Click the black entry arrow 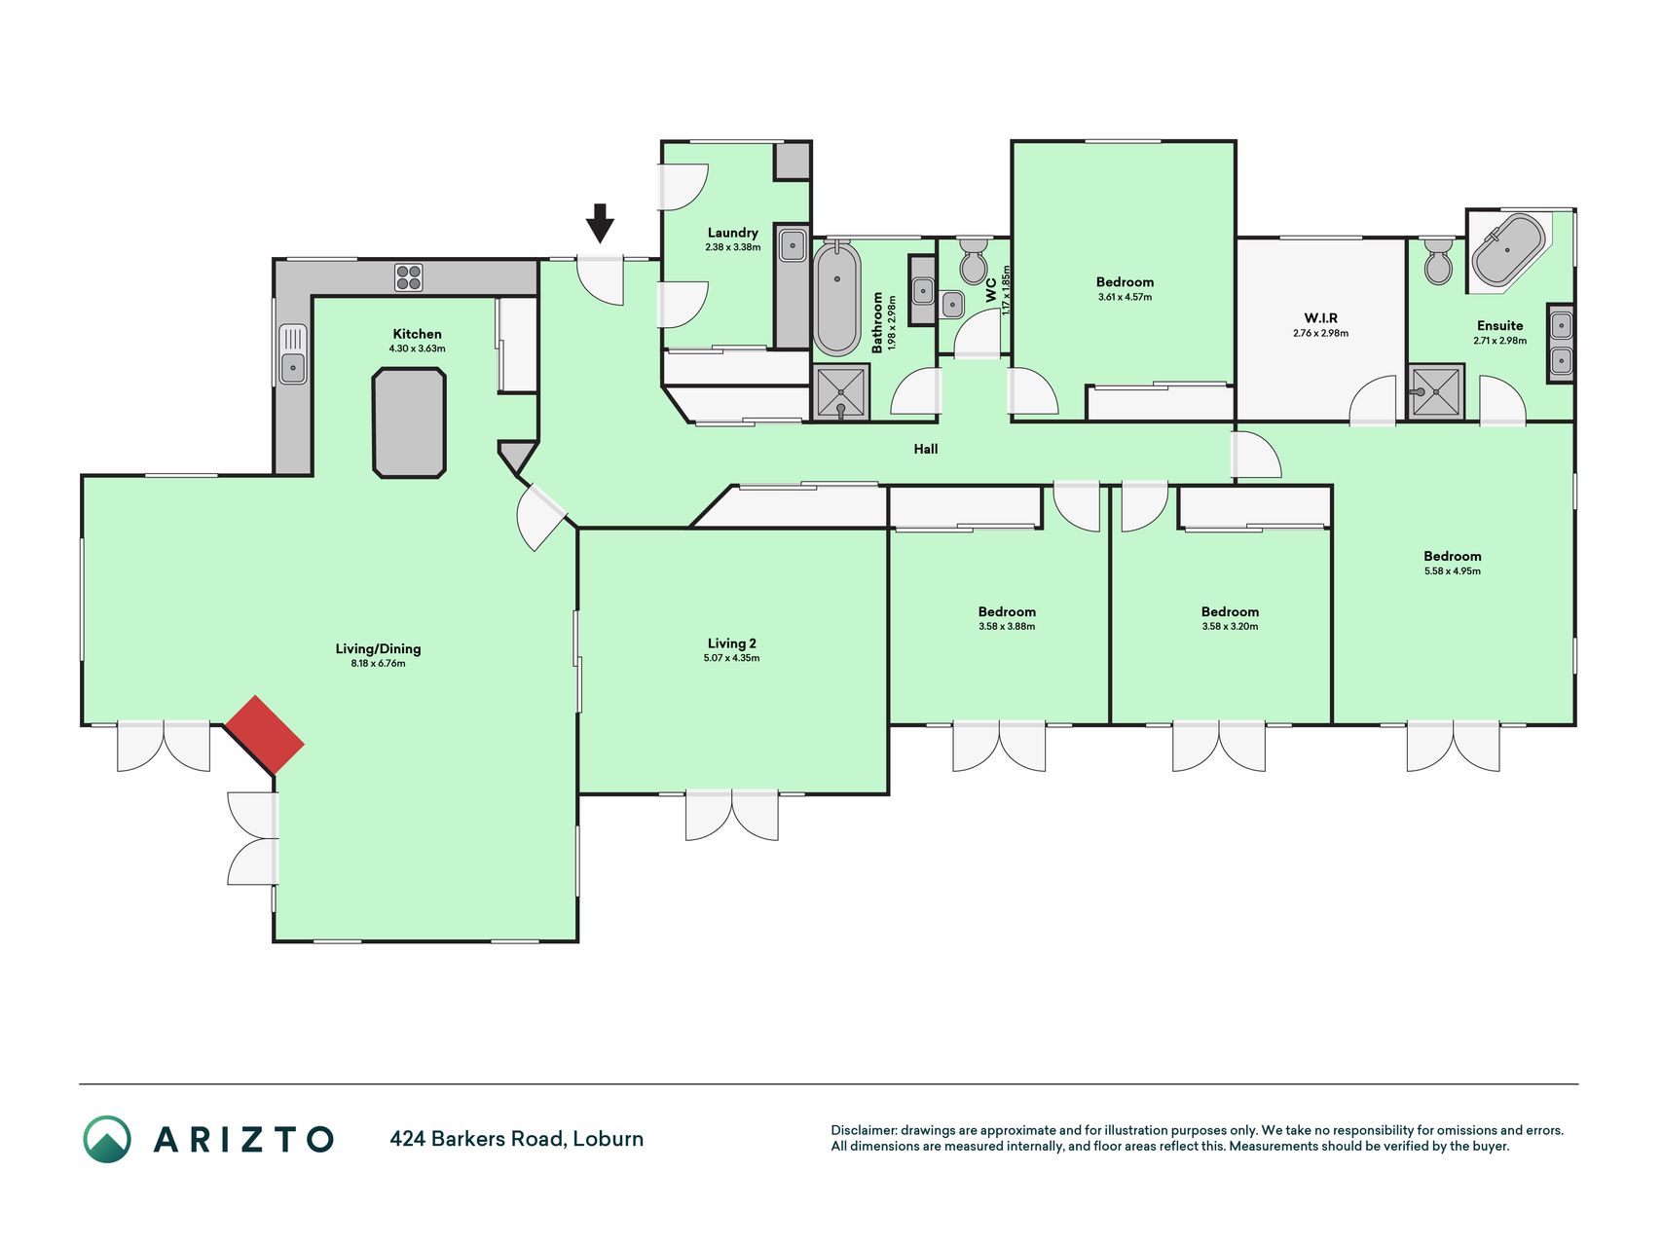(x=600, y=223)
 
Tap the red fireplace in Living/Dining (x=265, y=735)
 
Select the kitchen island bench (x=409, y=422)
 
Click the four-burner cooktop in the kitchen (x=409, y=277)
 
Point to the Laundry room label (x=733, y=233)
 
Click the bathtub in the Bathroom (x=836, y=299)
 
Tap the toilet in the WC (x=973, y=261)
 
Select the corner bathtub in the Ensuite (x=1508, y=249)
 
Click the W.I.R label (x=1321, y=318)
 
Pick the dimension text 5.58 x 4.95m (x=1452, y=571)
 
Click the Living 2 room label (x=732, y=643)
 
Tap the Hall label (x=926, y=449)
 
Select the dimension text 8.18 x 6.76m (x=378, y=664)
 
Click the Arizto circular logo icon (x=107, y=1139)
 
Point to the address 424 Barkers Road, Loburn (x=517, y=1139)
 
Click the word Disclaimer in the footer (x=863, y=1130)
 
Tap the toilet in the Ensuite (x=1438, y=262)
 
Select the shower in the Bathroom (x=840, y=392)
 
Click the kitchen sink (x=292, y=354)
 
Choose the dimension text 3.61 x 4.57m (x=1125, y=297)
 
